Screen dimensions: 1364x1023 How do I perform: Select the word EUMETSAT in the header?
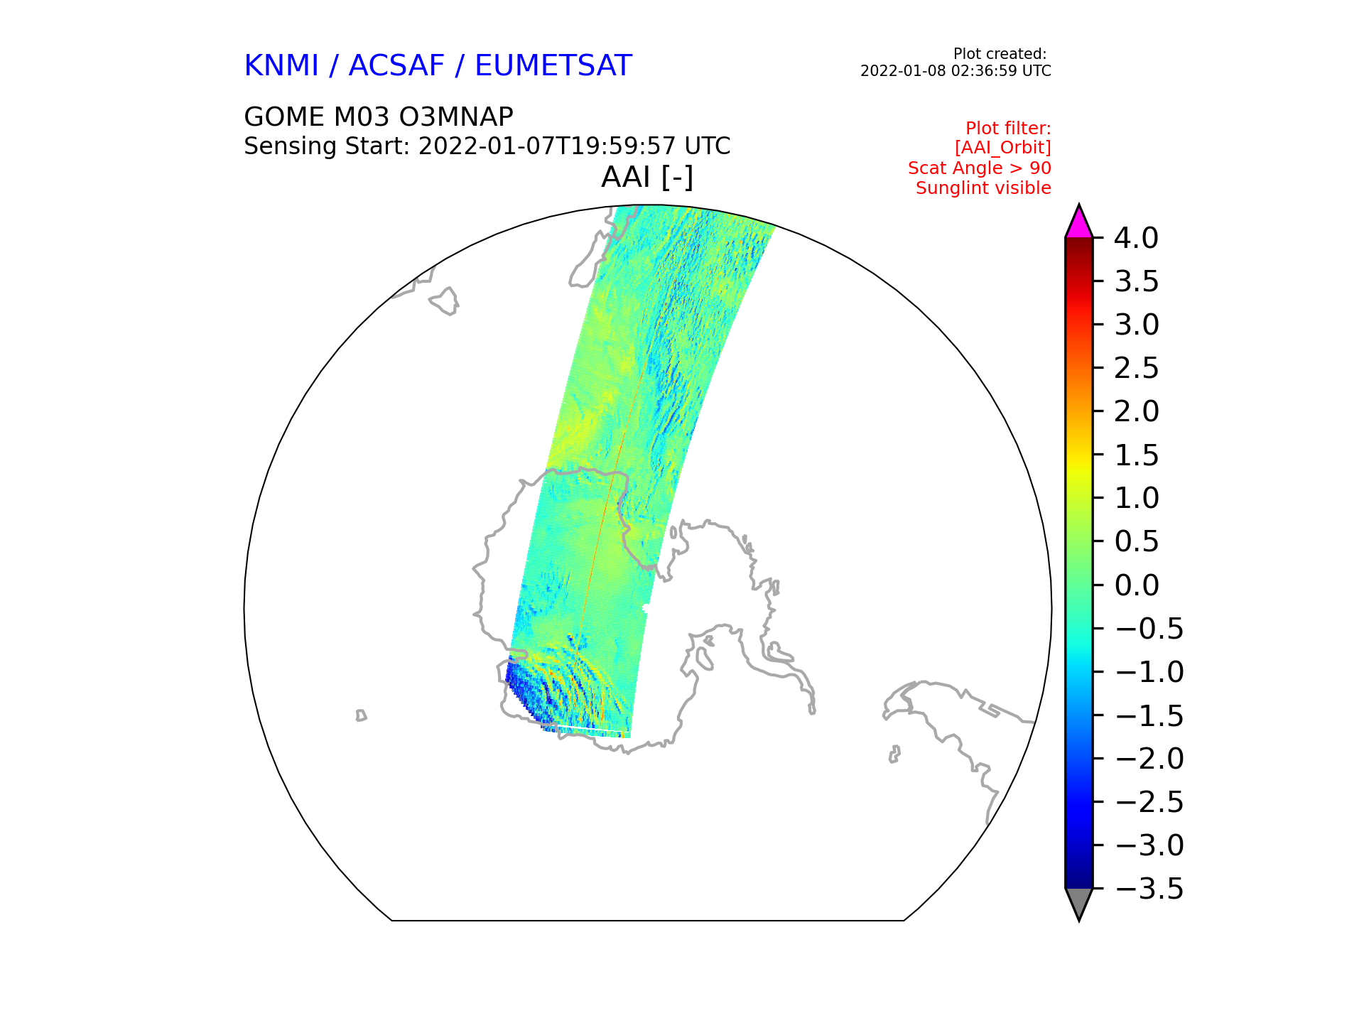click(553, 66)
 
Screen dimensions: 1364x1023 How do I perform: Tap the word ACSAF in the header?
click(396, 66)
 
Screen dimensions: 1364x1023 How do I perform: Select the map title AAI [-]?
click(647, 177)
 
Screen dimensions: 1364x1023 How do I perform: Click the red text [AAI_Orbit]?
click(1002, 148)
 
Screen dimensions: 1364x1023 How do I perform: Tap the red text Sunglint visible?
click(983, 188)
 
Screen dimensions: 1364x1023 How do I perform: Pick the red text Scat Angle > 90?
click(980, 168)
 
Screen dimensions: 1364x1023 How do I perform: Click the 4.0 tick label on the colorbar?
click(1137, 238)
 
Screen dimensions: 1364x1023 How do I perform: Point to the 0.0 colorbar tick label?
click(1137, 585)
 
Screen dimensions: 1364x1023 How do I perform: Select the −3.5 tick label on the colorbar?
click(1149, 889)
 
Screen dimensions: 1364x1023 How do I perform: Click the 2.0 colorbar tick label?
click(1137, 411)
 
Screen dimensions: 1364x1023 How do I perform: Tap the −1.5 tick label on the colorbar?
click(1149, 715)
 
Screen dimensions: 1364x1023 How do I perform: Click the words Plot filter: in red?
click(1008, 129)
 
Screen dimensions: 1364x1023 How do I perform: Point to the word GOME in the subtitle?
click(283, 117)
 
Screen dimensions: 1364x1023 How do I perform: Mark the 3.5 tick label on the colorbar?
click(1137, 282)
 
